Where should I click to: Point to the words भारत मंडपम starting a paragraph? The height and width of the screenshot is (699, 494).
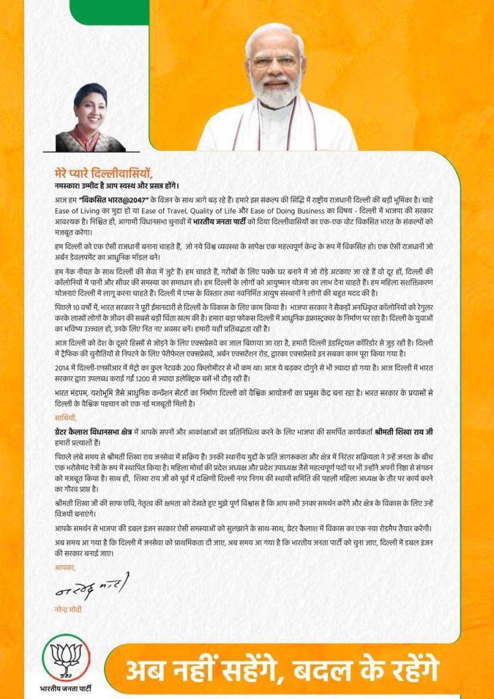[x=74, y=394]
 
